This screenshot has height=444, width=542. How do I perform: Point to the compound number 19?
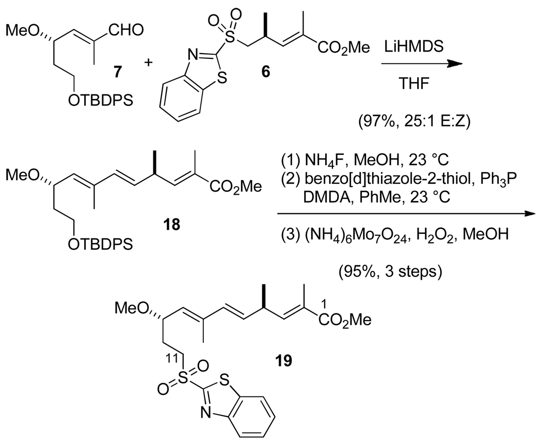(281, 359)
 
